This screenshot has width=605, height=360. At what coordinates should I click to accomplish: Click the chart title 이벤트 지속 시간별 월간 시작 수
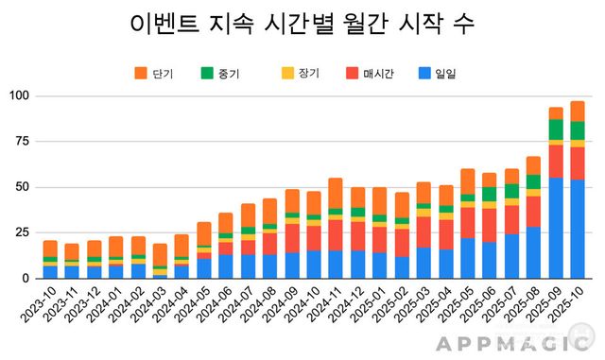(x=302, y=24)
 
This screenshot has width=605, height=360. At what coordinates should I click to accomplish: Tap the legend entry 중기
(x=221, y=72)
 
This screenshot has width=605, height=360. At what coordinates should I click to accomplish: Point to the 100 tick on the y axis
(x=19, y=96)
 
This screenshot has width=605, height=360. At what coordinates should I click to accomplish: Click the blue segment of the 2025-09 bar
(x=557, y=228)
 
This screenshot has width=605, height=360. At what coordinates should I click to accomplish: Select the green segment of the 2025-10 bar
(x=578, y=130)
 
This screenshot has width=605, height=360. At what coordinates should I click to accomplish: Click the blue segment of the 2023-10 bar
(x=50, y=271)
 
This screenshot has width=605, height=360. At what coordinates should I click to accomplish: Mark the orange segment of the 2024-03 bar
(x=161, y=254)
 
